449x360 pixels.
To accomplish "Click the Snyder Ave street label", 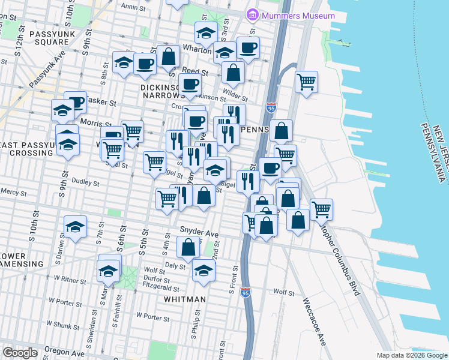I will (199, 231).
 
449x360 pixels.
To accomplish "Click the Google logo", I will (21, 352).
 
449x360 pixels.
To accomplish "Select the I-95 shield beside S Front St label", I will (245, 292).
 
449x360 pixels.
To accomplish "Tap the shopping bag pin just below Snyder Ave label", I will (188, 247).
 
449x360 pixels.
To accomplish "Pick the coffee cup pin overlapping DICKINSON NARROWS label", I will (190, 85).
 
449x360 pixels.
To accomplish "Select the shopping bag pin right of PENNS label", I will (280, 130).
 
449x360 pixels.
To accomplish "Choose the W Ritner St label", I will (71, 278).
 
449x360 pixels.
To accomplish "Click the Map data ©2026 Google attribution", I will (411, 355).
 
